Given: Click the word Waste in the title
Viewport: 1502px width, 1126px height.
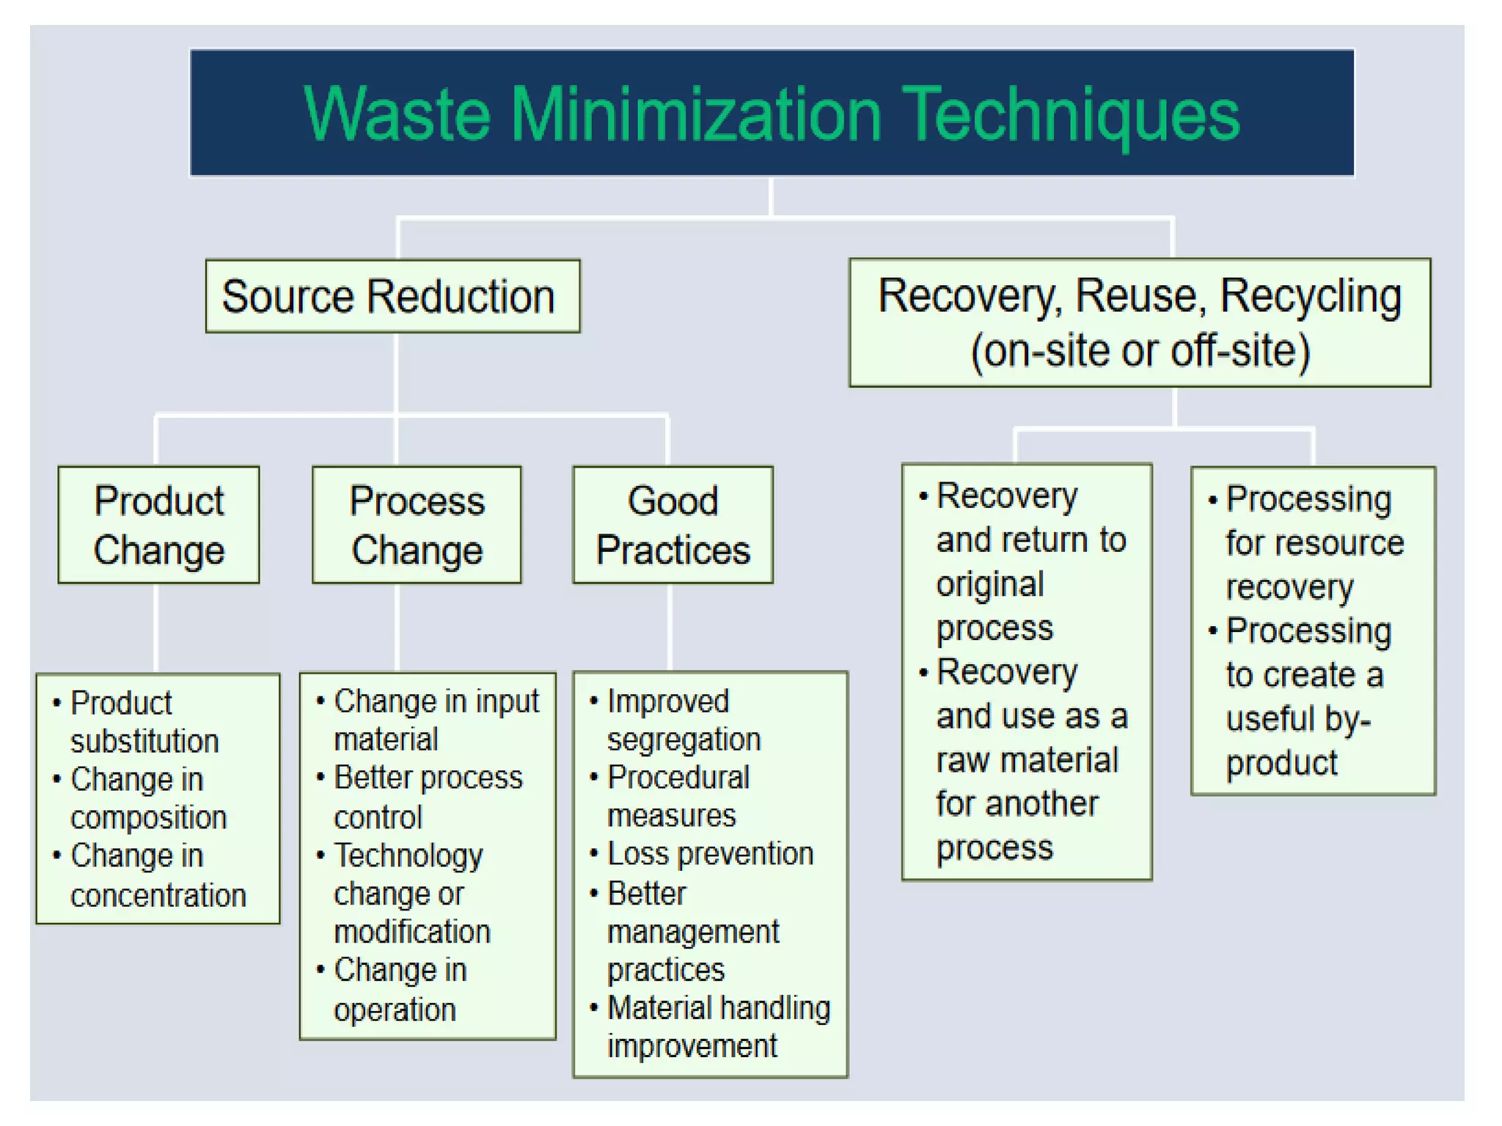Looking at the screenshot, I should click(x=396, y=114).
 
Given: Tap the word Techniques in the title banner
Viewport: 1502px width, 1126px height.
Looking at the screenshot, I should click(x=1071, y=114).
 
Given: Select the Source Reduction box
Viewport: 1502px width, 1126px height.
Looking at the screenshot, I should click(x=392, y=296).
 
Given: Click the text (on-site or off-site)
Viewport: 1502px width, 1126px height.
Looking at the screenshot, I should click(x=1140, y=350).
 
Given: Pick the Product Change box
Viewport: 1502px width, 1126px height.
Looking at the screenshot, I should click(x=158, y=525).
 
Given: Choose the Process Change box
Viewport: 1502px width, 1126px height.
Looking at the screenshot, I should click(x=417, y=525).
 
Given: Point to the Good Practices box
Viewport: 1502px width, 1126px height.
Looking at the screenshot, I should click(x=673, y=525).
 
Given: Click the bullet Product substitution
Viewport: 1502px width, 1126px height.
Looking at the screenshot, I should click(x=143, y=722).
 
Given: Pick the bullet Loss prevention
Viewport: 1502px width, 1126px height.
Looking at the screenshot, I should click(x=709, y=854).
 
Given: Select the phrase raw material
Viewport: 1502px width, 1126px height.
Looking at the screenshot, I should click(x=1027, y=760).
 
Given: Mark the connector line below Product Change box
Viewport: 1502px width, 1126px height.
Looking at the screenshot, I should click(x=156, y=628).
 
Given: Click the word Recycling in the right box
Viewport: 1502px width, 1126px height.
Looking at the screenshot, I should click(x=1310, y=296).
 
